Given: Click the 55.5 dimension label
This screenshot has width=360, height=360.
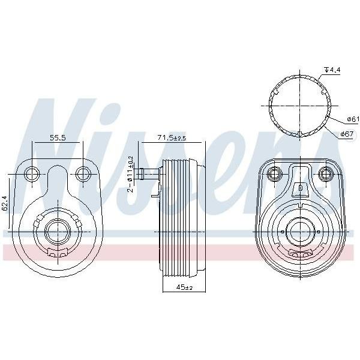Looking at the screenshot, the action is (x=58, y=137).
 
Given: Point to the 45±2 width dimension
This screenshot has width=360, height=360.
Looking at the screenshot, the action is (x=184, y=287).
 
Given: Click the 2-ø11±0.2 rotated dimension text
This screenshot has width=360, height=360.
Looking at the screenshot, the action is (x=130, y=174).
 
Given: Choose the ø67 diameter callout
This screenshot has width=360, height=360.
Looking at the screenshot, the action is (x=347, y=134).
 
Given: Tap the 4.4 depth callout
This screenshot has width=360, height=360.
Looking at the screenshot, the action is (x=332, y=70).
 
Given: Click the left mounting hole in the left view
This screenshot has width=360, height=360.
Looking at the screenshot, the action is (x=32, y=174).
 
